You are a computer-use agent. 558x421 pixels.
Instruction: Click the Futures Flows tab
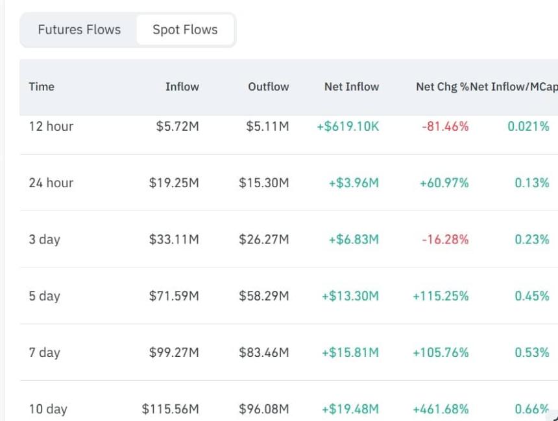79,30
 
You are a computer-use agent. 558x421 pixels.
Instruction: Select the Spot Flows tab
185,30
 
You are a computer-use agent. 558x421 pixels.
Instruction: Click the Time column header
42,87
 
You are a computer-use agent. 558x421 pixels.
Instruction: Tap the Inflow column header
182,87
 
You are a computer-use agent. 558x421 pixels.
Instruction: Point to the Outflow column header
269,87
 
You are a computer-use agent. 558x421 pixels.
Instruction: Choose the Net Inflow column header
352,87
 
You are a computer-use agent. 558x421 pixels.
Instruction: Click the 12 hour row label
51,126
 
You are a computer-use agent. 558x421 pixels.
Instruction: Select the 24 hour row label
51,183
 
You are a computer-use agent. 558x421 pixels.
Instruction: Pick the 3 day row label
45,240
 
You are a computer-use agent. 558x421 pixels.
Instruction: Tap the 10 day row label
48,409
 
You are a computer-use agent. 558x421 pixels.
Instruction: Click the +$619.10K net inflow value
348,126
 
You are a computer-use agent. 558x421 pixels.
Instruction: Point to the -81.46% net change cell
445,126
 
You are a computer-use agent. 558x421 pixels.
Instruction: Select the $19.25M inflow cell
174,183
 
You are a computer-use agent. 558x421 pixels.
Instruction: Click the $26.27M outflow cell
263,240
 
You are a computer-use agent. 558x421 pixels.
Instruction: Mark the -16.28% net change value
445,240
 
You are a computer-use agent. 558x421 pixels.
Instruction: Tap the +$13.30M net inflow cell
350,296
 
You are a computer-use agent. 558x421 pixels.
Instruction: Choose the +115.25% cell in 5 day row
441,296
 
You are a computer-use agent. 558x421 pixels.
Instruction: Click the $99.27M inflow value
174,352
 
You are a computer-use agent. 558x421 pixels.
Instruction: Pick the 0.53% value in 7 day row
532,352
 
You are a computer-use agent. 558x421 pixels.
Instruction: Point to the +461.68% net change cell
441,409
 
